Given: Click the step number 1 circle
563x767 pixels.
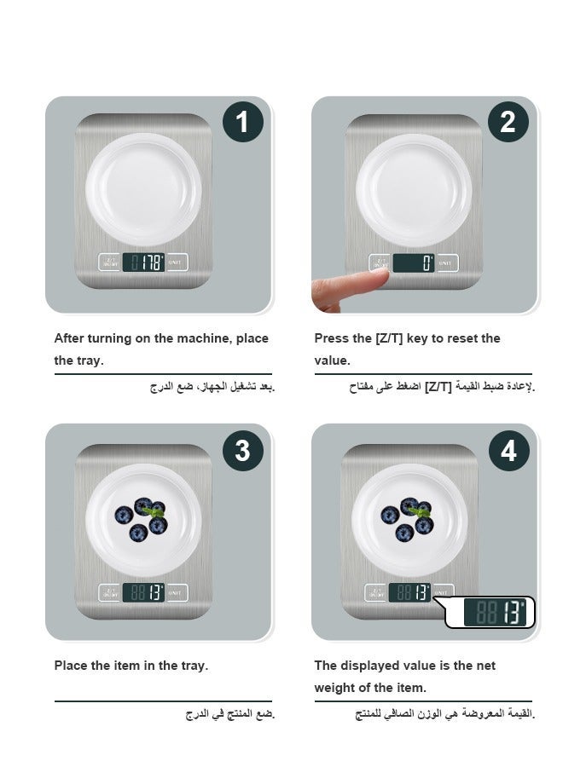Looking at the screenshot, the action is tap(243, 122).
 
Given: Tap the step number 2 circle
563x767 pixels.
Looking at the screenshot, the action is tap(508, 122).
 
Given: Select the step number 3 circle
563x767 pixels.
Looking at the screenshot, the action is tap(243, 451).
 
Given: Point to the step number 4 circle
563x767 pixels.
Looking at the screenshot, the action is tap(509, 451).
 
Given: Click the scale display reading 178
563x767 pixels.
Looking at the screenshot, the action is tap(143, 262).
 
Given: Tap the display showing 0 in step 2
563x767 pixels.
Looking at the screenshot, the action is tap(414, 262).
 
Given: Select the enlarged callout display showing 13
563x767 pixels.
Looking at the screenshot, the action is tap(495, 612).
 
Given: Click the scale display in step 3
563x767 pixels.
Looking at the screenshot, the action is tap(143, 593).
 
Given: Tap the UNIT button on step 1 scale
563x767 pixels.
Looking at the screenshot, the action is tap(177, 262).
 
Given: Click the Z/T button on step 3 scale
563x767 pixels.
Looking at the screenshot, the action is tap(110, 593).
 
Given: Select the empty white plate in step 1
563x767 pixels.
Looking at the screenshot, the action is tap(143, 189).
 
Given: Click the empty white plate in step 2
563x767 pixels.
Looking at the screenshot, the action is tap(414, 190).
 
